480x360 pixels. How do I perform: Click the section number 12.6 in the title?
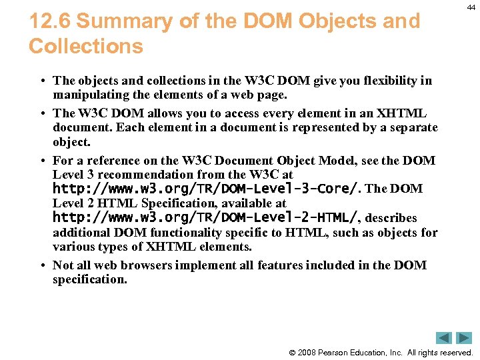click(50, 21)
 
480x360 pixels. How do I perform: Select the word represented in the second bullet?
click(338, 127)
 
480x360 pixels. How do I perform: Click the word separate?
click(412, 127)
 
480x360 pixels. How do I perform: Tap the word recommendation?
click(151, 175)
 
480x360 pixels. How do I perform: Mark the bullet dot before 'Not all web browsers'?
click(41, 265)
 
